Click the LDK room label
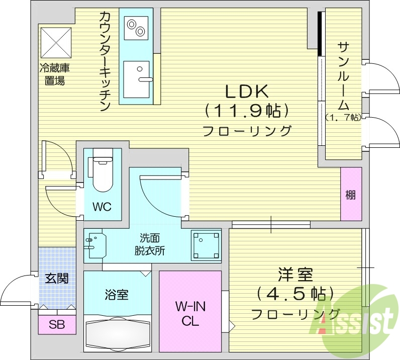coord(248,91)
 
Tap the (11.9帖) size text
coord(246,110)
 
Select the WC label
coord(102,207)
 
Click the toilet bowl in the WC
coord(103,173)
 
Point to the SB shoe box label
coord(56,324)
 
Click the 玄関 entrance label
coord(56,279)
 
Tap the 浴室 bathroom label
coord(117,295)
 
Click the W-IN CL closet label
coord(190,313)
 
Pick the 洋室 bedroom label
coord(295,275)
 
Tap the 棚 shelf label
coord(350,195)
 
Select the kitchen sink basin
coord(136,79)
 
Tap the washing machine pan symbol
coord(206,245)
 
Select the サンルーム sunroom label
coord(343,75)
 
